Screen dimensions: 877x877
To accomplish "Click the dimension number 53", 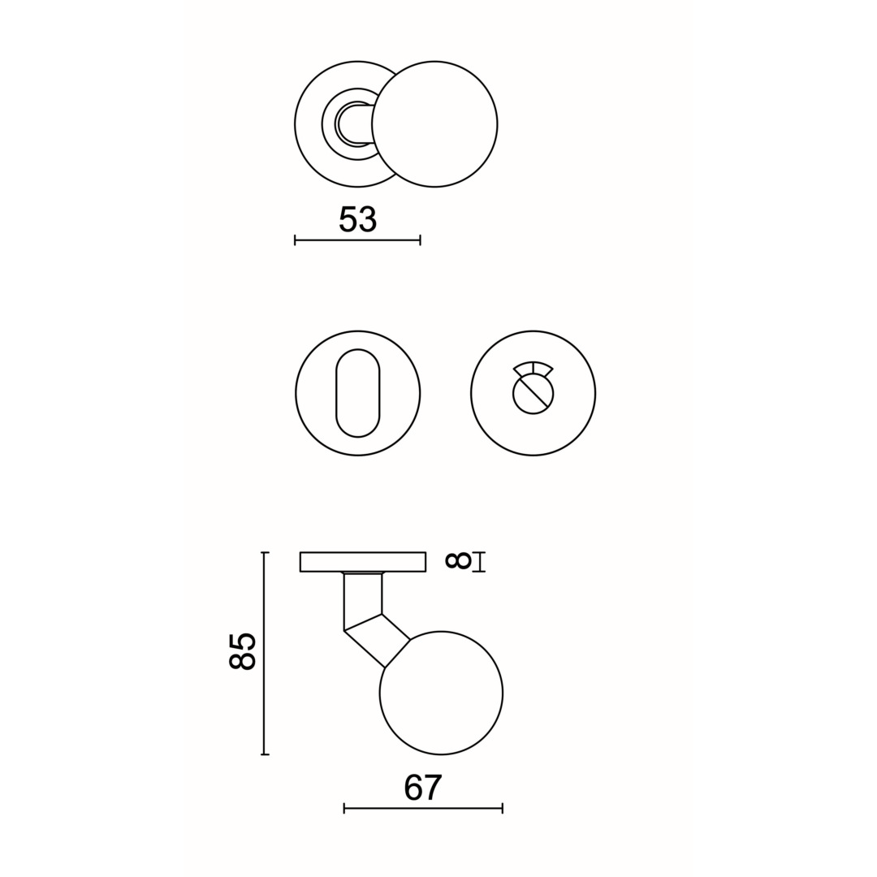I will point(357,219).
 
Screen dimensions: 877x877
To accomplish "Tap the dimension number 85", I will point(242,652).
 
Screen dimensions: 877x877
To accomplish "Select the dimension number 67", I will point(422,788).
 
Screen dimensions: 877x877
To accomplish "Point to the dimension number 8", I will point(458,561).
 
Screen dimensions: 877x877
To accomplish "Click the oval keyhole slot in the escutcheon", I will point(357,393).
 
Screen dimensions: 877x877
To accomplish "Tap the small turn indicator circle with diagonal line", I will point(533,394).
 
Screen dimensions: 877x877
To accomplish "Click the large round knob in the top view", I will point(434,124).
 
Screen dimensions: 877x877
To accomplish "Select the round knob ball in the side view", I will point(441,693).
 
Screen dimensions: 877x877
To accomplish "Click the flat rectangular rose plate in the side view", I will point(363,562).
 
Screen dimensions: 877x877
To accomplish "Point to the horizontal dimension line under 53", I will point(357,240).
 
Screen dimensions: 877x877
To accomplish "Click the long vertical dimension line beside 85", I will point(264,654).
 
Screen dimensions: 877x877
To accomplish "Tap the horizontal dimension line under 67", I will point(423,808).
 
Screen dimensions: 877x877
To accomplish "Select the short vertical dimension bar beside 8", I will point(479,562).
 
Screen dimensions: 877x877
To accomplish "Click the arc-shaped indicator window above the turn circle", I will point(533,368).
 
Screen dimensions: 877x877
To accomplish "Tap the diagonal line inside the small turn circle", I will point(534,394).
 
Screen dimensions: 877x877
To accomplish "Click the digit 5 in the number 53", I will point(348,219).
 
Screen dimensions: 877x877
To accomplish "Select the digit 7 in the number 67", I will point(433,788).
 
